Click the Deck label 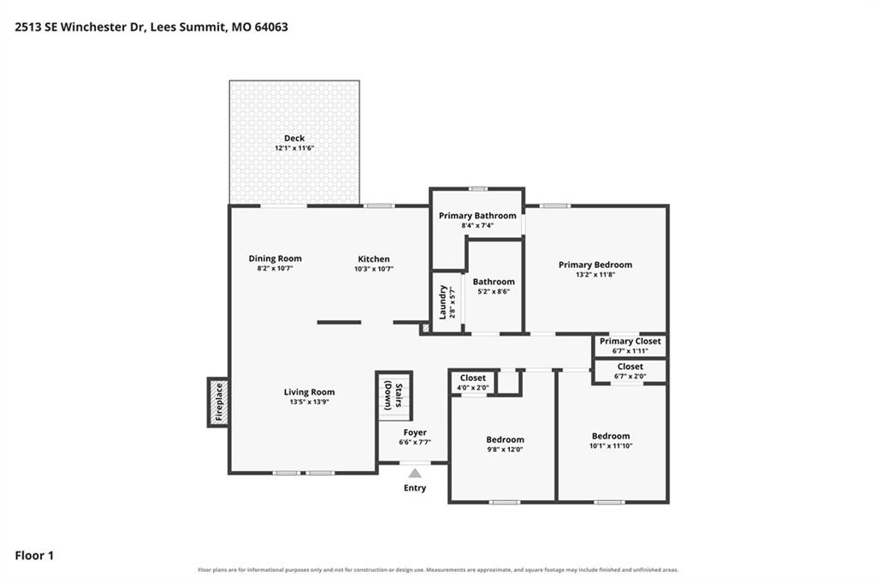(294, 138)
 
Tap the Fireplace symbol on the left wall (218, 402)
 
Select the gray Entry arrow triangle (415, 474)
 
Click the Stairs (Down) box (394, 396)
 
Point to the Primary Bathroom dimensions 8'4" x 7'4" (477, 226)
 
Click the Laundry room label (442, 302)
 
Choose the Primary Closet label (630, 341)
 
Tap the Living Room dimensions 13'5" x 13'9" (309, 402)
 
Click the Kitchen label (374, 259)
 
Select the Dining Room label (275, 259)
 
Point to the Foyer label (415, 432)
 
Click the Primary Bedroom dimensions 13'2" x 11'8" (595, 275)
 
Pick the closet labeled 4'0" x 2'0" (472, 383)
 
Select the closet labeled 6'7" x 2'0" (630, 371)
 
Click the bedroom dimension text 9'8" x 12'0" (505, 450)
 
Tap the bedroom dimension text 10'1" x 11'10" (611, 446)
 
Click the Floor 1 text (34, 556)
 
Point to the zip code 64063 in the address (271, 27)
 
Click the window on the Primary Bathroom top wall (477, 188)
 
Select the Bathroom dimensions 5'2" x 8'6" (494, 291)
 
